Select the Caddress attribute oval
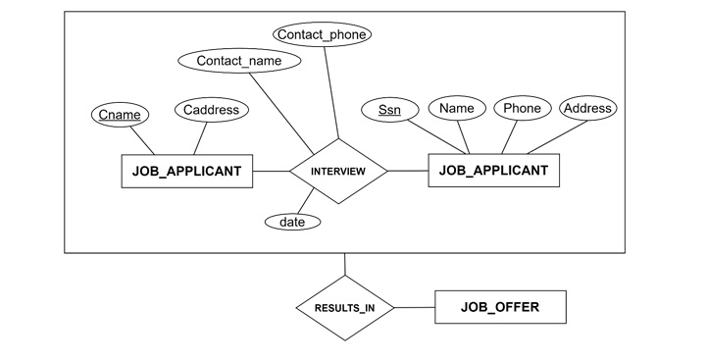click(211, 110)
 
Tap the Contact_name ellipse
click(238, 61)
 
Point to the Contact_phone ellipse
click(322, 34)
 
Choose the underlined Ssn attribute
click(389, 109)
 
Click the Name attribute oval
click(456, 108)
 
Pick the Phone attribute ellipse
click(522, 108)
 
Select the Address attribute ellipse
click(588, 108)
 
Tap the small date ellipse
click(292, 222)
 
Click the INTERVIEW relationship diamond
click(337, 172)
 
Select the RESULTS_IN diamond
click(344, 308)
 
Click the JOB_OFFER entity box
click(499, 308)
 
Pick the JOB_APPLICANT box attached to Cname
click(186, 171)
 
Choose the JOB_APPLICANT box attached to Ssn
click(493, 171)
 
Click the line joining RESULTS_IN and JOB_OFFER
click(413, 308)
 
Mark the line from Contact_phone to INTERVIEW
click(331, 93)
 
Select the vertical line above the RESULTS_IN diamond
click(344, 265)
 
